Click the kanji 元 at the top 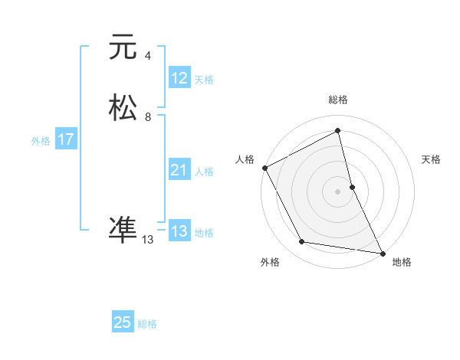point(123,47)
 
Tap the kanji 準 point(123,230)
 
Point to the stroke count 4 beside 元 point(148,56)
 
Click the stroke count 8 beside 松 point(148,117)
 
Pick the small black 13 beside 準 point(148,240)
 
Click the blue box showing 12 point(179,78)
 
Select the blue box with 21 point(179,170)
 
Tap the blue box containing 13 point(179,231)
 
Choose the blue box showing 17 point(66,139)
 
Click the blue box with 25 point(123,322)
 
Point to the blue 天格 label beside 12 point(204,80)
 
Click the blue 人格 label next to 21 point(204,172)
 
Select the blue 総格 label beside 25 point(147,324)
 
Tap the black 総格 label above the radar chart point(337,100)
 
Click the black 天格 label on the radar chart point(431,159)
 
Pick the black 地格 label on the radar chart point(402,262)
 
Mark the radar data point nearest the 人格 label point(264,168)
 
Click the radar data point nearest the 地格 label point(382,252)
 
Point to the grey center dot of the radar point(337,191)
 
